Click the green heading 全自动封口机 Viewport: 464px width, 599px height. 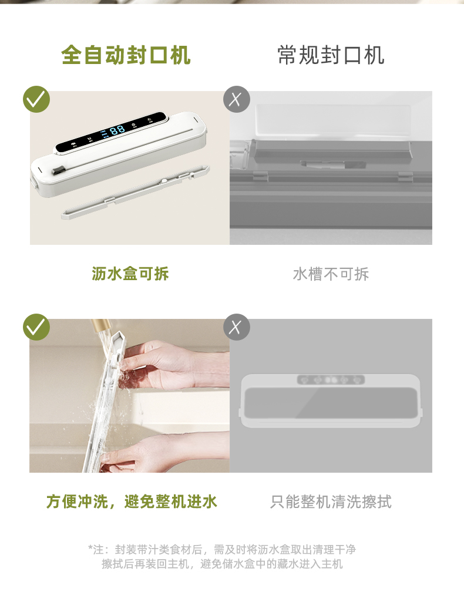[x=126, y=55]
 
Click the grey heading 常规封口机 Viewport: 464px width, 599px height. [x=331, y=55]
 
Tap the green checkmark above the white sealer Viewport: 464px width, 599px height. [x=36, y=99]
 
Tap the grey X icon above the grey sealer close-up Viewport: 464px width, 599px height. [x=237, y=99]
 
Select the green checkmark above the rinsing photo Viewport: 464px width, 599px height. [x=36, y=327]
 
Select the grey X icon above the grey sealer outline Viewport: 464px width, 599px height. [x=237, y=327]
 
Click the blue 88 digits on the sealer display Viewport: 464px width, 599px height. [x=117, y=130]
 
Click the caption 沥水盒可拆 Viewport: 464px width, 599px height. [x=130, y=274]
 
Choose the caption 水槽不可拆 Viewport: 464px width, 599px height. [x=331, y=274]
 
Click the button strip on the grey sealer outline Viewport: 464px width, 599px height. [x=331, y=380]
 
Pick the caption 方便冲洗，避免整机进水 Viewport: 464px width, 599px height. [x=132, y=501]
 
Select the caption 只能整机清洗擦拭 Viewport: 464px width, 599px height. [x=331, y=502]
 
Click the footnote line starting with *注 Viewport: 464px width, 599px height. [x=222, y=549]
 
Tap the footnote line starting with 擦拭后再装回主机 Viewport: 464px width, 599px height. [x=222, y=564]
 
